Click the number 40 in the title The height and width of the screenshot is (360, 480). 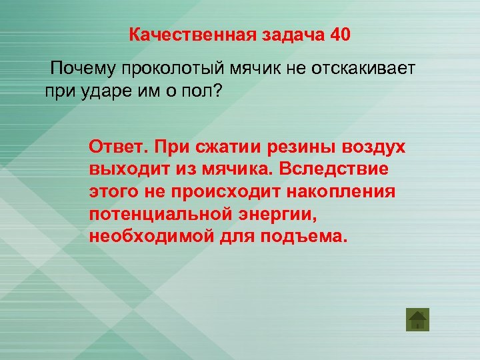[x=339, y=34]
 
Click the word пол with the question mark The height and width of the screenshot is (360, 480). [x=205, y=91]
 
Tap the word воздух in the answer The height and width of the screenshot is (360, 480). [x=373, y=147]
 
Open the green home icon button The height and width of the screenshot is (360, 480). [x=417, y=319]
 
